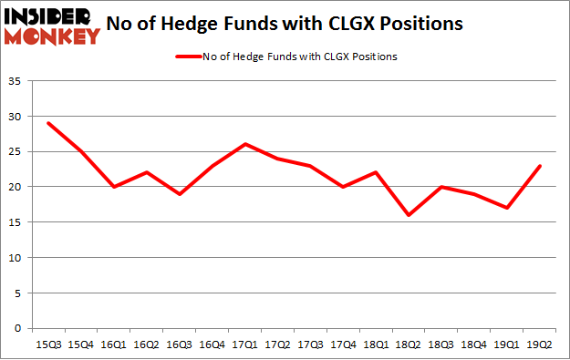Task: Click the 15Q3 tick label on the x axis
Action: (x=48, y=345)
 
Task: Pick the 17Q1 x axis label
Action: (x=245, y=345)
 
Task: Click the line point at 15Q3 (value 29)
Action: (x=48, y=123)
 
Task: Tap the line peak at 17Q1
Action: (x=245, y=144)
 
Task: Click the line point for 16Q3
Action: (x=180, y=194)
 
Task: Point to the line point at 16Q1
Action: (x=114, y=187)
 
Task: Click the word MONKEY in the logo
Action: (x=51, y=36)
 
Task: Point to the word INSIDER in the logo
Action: (x=51, y=15)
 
